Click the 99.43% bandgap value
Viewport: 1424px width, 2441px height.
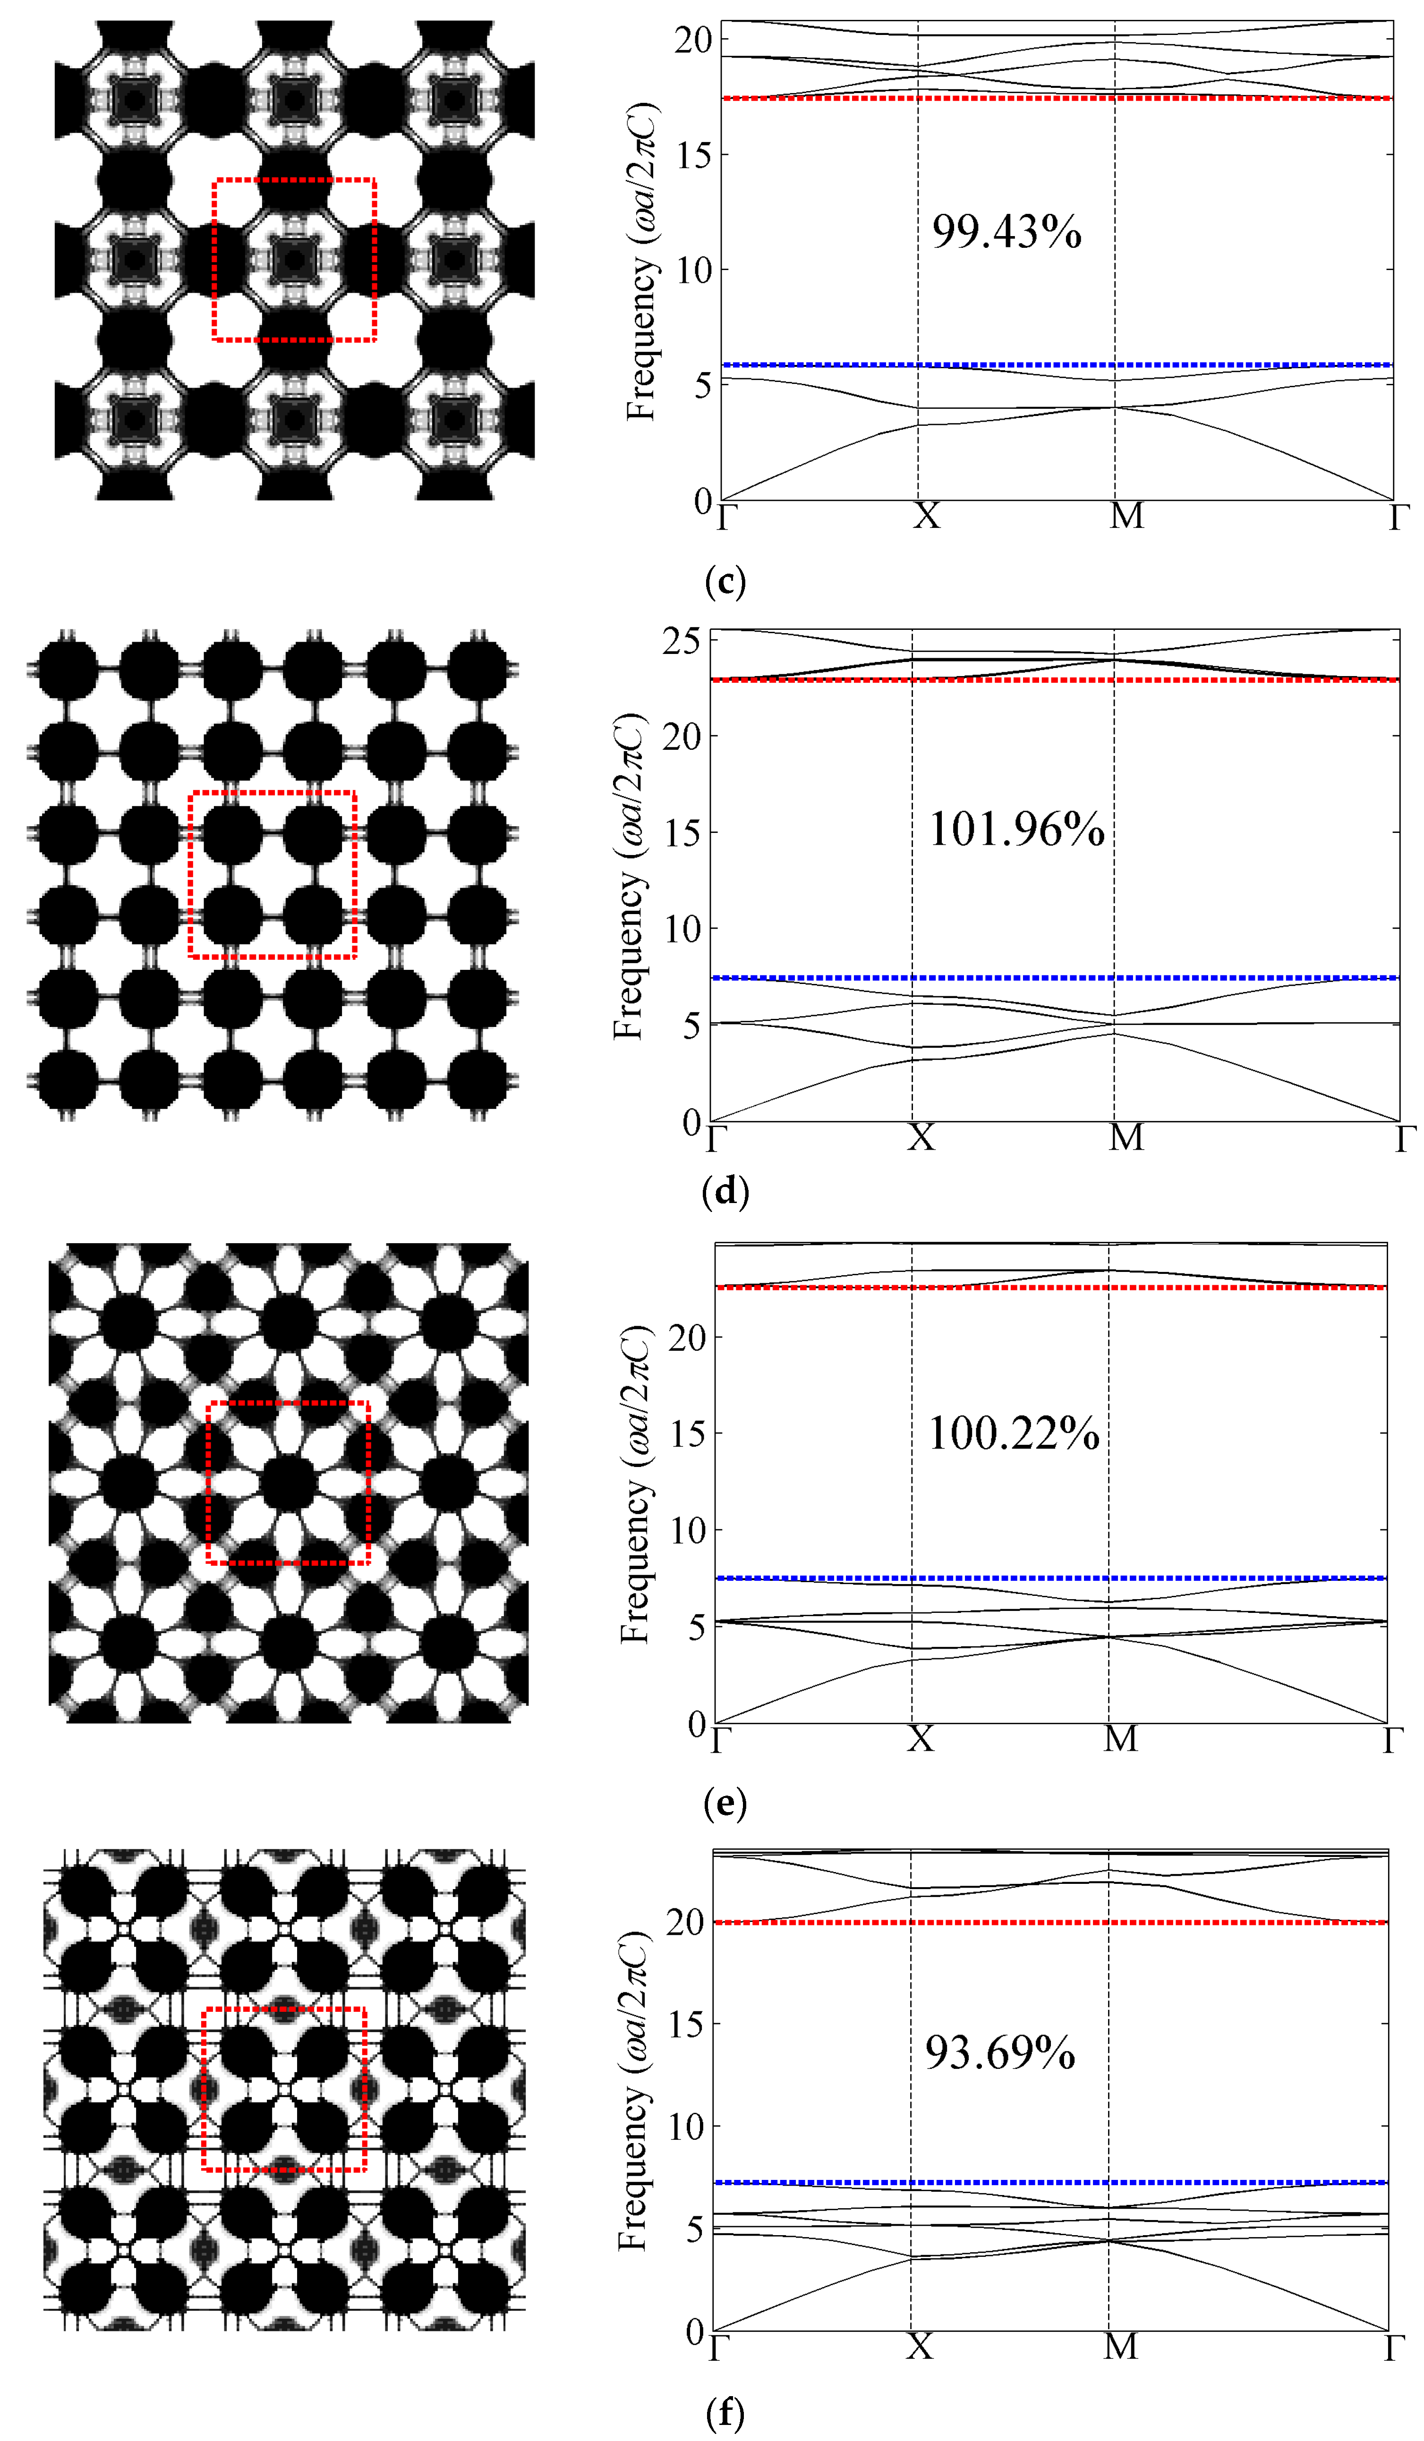(x=1006, y=232)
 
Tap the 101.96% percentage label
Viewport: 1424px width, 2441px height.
(x=1016, y=830)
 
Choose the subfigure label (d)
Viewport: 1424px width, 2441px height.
(x=725, y=1190)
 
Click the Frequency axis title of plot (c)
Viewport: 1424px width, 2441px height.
(x=640, y=262)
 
